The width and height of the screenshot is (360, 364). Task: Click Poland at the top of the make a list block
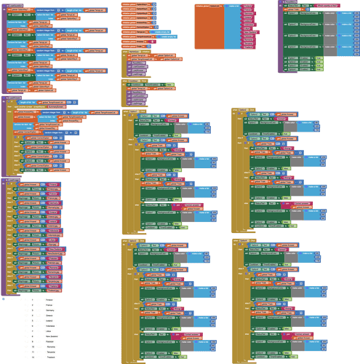(247, 6)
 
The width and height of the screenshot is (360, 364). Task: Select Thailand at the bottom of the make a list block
(248, 47)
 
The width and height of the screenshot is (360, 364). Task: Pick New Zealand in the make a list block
(249, 32)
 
